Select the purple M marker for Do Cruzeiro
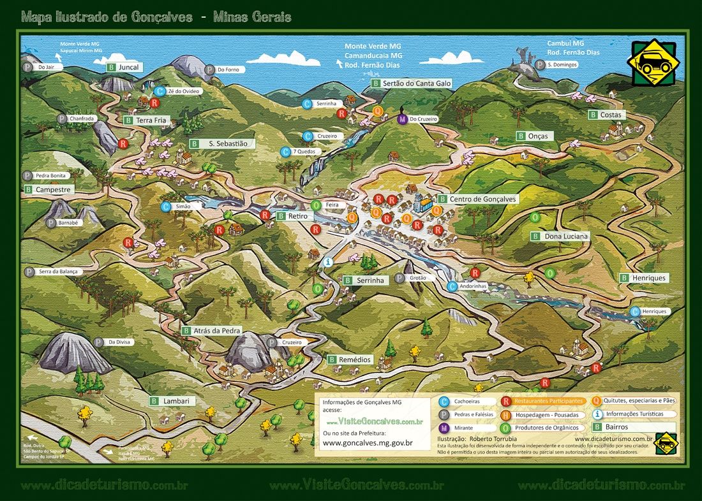[402, 119]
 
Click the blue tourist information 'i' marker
[328, 262]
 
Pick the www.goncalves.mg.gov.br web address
[367, 443]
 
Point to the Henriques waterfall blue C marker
[635, 312]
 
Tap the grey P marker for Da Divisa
[98, 342]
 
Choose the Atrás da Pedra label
[214, 331]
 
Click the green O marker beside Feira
[316, 205]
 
